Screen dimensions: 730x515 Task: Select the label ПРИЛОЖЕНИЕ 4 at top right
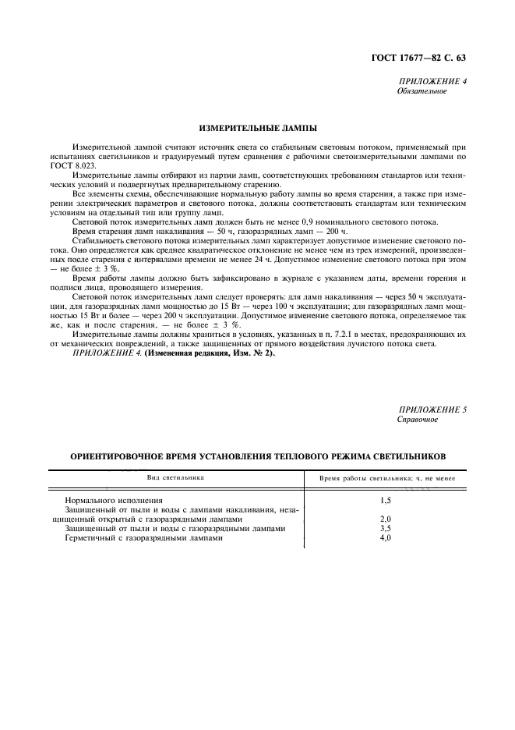tap(432, 82)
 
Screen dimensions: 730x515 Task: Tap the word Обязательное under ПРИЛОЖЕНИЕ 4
tap(421, 91)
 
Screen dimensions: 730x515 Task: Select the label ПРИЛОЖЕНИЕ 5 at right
tap(432, 409)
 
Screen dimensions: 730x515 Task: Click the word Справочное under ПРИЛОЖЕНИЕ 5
tap(418, 419)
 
